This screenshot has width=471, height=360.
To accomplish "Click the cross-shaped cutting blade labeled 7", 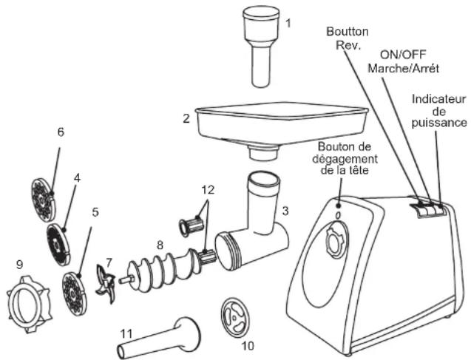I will [106, 285].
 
